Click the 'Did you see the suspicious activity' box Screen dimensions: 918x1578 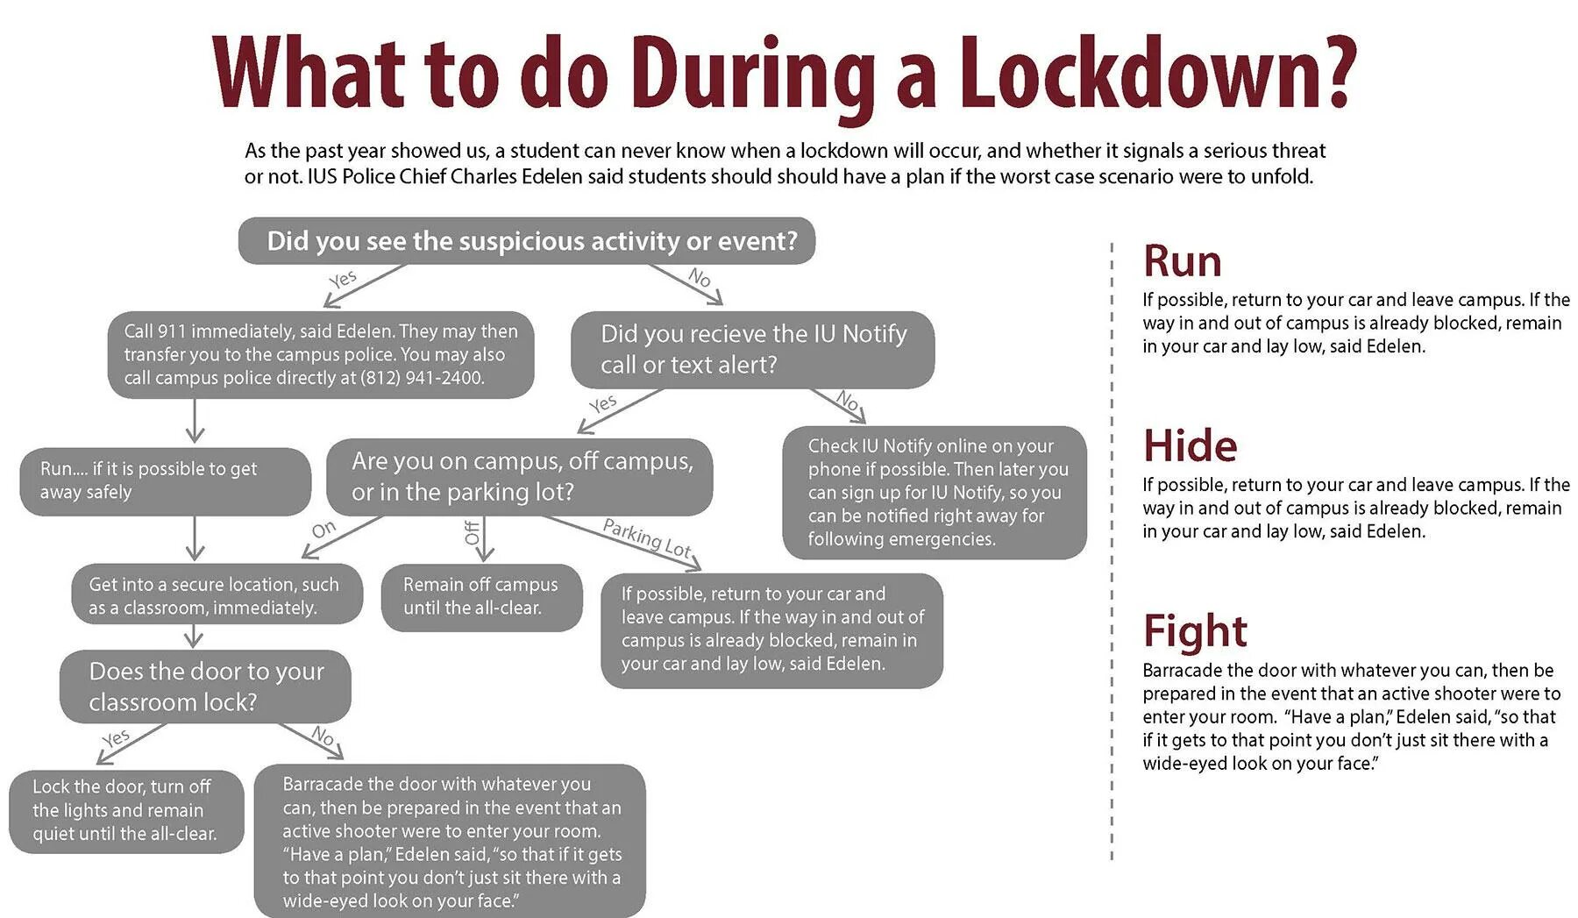(527, 241)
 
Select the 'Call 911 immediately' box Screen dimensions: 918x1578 (321, 354)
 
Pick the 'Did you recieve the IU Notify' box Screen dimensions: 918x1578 (752, 349)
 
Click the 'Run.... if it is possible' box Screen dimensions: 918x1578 (165, 480)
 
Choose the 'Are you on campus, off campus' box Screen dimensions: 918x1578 (520, 476)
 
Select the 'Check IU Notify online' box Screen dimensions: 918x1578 (934, 492)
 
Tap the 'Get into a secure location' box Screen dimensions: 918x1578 (217, 595)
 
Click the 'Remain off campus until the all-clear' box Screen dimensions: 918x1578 (481, 596)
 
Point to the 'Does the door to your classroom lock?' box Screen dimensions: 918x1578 (205, 686)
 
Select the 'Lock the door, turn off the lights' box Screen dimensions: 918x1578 (126, 809)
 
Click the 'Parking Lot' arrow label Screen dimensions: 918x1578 (647, 537)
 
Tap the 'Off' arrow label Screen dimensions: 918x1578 (472, 532)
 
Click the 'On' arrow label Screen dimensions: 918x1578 (323, 529)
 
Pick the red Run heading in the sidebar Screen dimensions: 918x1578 (1182, 261)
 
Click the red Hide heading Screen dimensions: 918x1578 (1190, 445)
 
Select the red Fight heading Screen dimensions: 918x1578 (1195, 630)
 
